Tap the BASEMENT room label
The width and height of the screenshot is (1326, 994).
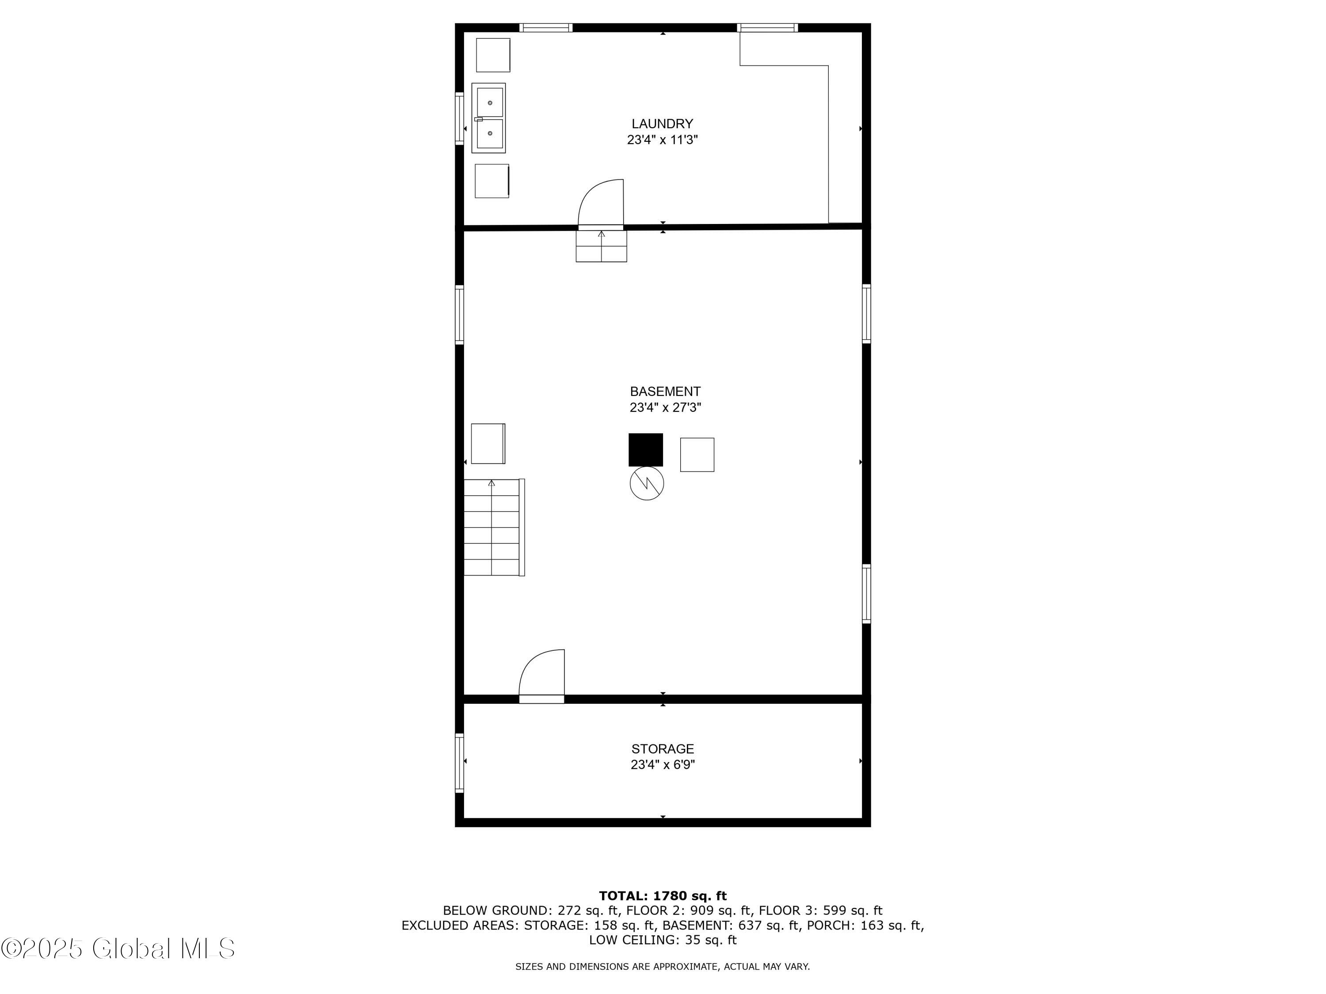point(665,391)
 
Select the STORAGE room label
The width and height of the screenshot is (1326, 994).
point(663,748)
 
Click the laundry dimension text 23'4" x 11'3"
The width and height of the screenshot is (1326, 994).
point(663,140)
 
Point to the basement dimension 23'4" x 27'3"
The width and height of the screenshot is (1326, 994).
point(665,407)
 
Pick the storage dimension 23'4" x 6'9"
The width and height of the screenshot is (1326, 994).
point(663,765)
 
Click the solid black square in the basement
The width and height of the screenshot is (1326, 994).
point(646,449)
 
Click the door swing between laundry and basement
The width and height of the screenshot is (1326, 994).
point(601,204)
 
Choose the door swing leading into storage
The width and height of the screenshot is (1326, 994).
point(541,675)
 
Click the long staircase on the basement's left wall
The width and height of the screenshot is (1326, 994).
point(493,527)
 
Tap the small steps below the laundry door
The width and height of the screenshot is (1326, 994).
point(601,246)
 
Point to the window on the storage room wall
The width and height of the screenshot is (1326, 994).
point(459,762)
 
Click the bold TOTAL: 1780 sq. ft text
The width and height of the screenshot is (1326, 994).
point(663,896)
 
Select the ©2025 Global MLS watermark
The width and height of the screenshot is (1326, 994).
point(118,948)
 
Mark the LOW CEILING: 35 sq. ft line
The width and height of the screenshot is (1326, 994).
point(663,940)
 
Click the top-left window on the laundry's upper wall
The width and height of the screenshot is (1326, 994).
point(545,27)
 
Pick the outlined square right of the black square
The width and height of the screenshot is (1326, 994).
point(697,455)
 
